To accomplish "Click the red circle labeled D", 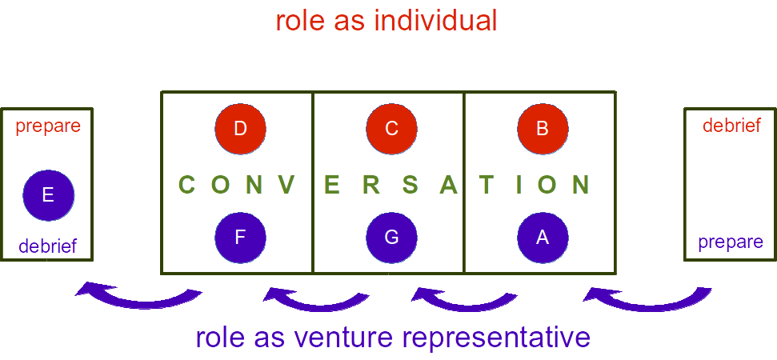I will pos(240,128).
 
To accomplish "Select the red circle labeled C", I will pos(391,128).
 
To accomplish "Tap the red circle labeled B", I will pos(543,128).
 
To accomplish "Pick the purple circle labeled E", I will pos(48,194).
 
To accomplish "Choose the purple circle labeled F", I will pos(240,238).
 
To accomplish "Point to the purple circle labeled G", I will pos(391,238).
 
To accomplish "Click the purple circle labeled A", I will pos(543,238).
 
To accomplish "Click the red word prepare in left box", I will pos(48,126).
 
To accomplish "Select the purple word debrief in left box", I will pos(48,246).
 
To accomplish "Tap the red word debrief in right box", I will pos(731,125).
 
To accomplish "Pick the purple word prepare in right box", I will pos(731,242).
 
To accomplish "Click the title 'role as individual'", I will pos(386,21).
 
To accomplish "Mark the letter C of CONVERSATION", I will pos(187,185).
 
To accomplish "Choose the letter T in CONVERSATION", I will pos(486,185).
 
